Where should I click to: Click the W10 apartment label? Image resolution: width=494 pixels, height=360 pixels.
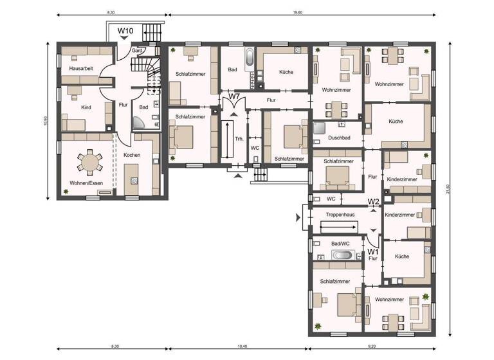point(125,30)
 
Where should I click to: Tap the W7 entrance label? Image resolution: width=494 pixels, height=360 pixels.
point(235,97)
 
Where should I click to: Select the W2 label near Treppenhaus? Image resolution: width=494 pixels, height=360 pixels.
point(373,202)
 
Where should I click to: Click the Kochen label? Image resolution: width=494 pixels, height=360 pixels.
point(132,156)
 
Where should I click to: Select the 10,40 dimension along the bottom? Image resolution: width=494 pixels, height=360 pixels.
point(241,347)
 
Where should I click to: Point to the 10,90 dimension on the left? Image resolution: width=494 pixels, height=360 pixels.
point(44,121)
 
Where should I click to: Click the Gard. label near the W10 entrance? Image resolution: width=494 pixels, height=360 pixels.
point(137,50)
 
